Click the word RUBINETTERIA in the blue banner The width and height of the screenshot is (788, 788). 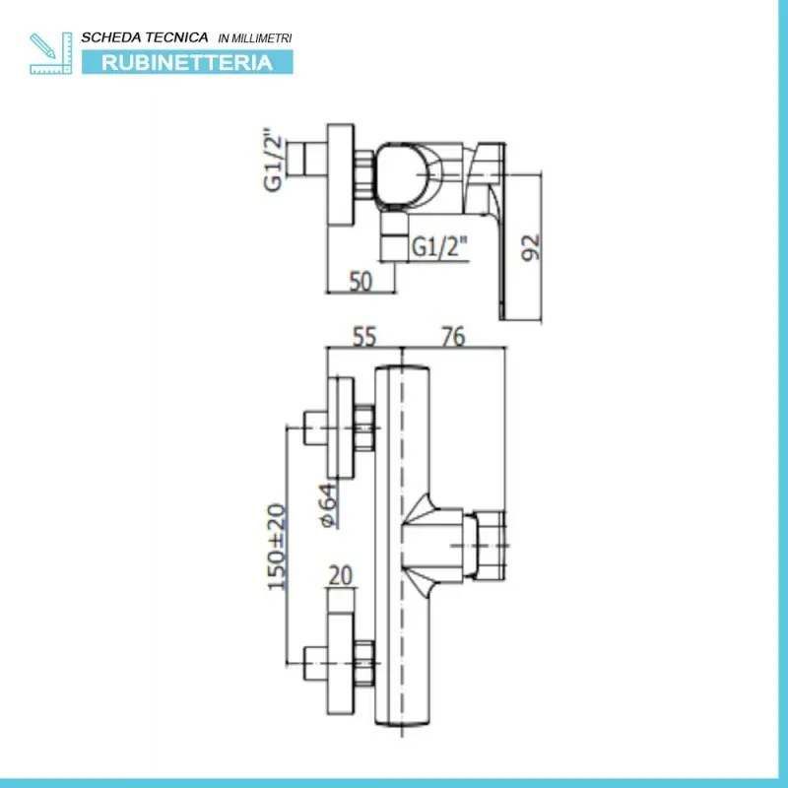(187, 63)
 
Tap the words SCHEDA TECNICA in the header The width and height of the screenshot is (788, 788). (145, 37)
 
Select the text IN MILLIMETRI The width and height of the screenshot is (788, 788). (255, 38)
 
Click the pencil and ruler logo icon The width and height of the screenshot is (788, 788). (51, 53)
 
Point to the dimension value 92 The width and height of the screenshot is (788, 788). (531, 247)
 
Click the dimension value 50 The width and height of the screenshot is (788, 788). (361, 282)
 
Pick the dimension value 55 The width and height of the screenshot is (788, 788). (363, 336)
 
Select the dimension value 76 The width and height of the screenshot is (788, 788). (453, 336)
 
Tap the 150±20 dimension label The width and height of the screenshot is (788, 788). (277, 547)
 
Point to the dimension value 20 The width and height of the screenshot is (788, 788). (340, 576)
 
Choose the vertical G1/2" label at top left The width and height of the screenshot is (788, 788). (273, 162)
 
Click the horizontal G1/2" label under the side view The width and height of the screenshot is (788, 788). (439, 246)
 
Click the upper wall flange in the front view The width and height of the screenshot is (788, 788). (341, 427)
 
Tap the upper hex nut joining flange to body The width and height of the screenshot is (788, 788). (364, 427)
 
